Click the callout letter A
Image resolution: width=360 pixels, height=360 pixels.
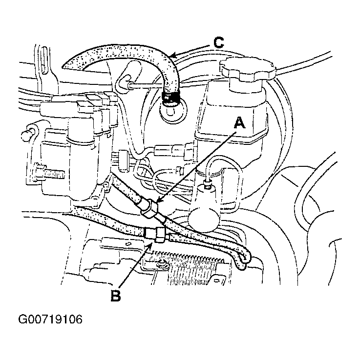pos(239,123)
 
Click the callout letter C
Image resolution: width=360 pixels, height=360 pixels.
pos(219,43)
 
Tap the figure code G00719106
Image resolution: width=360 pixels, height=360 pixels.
pos(50,319)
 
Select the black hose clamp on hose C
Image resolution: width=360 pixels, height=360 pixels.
pos(170,98)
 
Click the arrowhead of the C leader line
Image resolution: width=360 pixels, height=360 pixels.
pos(173,56)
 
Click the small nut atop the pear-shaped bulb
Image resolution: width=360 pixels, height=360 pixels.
pos(208,184)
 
